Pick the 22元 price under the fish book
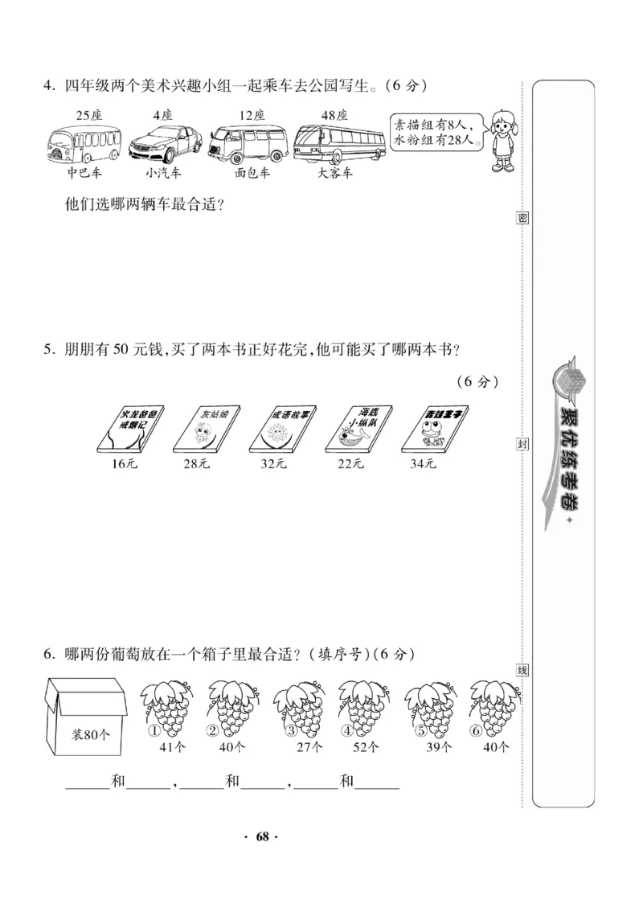coord(350,464)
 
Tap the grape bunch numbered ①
coord(167,708)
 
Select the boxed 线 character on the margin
coord(522,670)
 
